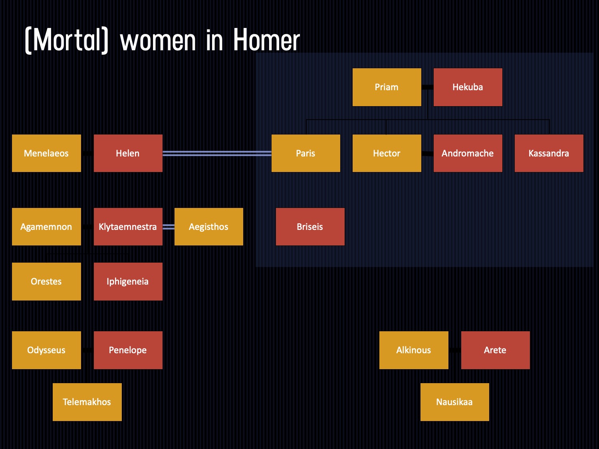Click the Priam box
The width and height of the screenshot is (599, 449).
(387, 87)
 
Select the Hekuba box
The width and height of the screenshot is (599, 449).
(468, 87)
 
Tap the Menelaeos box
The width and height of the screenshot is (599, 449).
(46, 153)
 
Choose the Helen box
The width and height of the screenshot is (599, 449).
(128, 153)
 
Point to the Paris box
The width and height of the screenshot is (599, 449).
(305, 153)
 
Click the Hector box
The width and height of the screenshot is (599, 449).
(387, 153)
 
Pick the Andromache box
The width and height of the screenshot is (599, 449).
(468, 153)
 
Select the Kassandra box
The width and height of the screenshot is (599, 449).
(549, 153)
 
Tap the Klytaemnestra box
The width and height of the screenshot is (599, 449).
(128, 227)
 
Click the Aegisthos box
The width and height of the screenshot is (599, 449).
(209, 227)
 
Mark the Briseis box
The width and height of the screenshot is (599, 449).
(310, 227)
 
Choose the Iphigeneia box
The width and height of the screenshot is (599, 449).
(128, 281)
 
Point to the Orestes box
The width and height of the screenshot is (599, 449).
(46, 281)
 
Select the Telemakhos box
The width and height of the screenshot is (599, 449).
(87, 402)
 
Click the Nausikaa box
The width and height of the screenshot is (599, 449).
(454, 402)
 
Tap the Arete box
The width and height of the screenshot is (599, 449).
(495, 350)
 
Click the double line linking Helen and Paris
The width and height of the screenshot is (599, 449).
(217, 154)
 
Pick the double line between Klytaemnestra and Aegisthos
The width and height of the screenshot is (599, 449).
(169, 227)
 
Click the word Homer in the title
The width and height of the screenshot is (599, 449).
(266, 40)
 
